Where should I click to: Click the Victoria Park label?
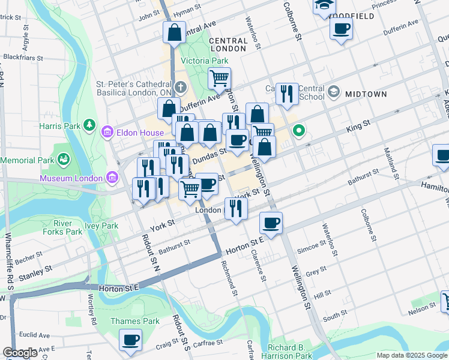[205, 61]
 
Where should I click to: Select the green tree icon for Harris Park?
[89, 124]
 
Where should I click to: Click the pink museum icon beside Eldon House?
[107, 131]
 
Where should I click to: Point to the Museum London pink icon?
[112, 177]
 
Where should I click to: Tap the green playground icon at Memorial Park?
[63, 160]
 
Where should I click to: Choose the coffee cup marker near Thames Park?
[130, 340]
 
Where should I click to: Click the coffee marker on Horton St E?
[271, 223]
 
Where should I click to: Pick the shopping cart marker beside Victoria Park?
[220, 77]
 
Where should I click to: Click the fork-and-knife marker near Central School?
[287, 92]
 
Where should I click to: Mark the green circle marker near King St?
[298, 130]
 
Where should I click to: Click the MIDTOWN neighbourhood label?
[366, 95]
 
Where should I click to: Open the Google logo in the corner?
[20, 353]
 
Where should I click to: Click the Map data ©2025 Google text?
[411, 355]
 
